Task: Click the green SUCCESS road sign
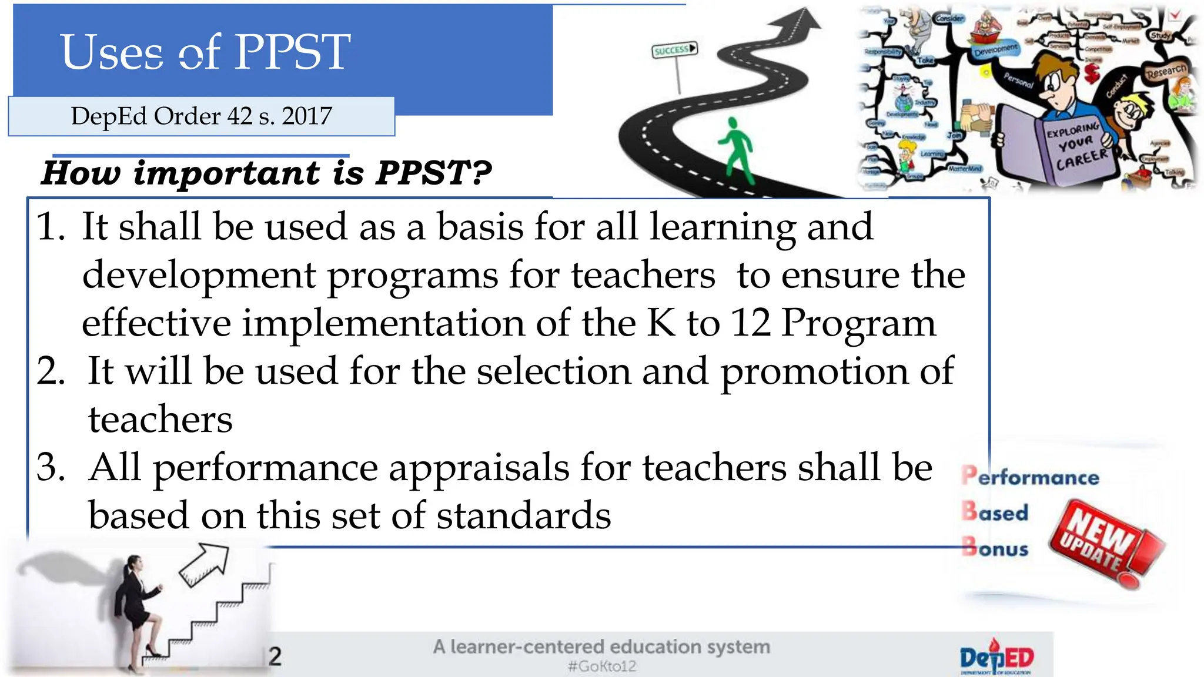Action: pos(674,50)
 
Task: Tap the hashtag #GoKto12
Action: pos(601,666)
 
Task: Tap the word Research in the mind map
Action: pos(1166,72)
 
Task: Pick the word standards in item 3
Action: pos(523,516)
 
